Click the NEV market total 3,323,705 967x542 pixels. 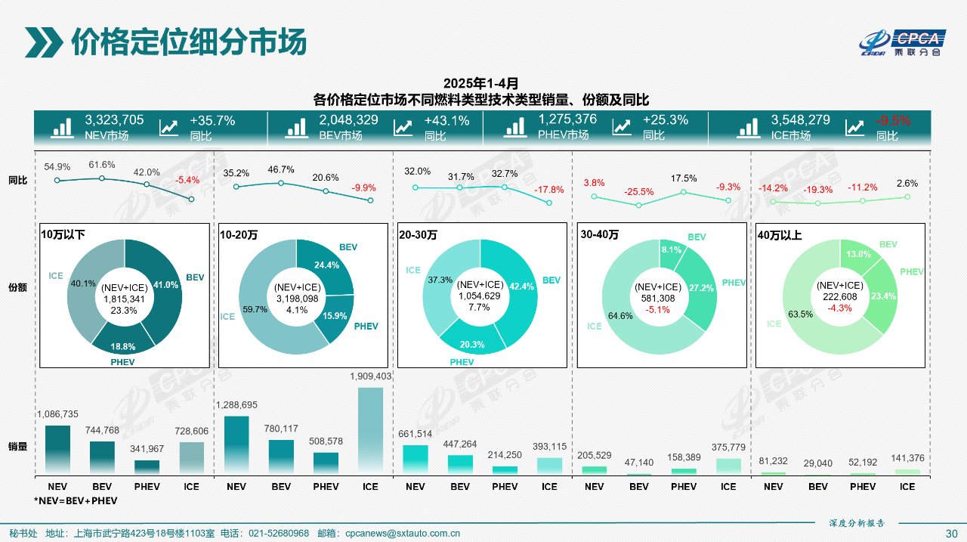point(114,120)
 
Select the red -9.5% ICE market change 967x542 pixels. point(893,120)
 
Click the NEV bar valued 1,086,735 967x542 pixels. point(57,450)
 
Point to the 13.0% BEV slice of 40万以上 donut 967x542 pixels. point(856,255)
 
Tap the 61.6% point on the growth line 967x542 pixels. point(102,178)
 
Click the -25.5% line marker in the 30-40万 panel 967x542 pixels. point(639,205)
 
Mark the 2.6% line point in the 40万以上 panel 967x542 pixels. point(907,197)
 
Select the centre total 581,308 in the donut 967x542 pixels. point(660,298)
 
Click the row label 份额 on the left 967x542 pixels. point(17,288)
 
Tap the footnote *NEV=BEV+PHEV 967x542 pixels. point(76,500)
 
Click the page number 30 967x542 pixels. point(951,533)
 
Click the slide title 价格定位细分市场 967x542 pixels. point(189,42)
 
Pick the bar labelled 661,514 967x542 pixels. point(415,460)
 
